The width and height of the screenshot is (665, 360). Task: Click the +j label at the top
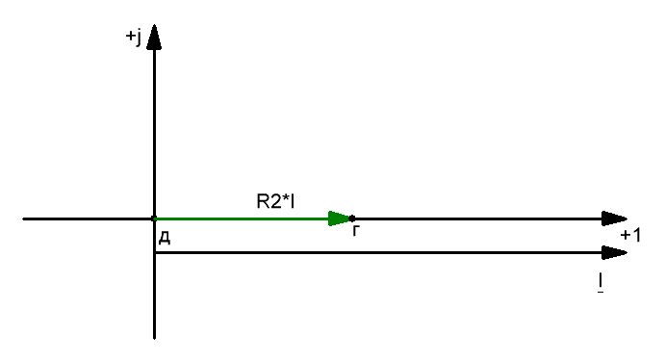134,37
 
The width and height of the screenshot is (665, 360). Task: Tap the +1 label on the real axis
630,235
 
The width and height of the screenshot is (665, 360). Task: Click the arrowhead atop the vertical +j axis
154,38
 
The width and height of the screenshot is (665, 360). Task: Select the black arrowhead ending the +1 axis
615,219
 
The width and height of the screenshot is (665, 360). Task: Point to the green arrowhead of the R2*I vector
339,219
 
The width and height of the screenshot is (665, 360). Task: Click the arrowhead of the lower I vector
615,253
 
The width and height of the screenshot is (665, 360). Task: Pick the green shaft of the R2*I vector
242,219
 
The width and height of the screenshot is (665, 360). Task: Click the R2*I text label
275,201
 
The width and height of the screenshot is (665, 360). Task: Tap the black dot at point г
352,219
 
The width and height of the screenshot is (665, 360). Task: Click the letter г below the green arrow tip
356,232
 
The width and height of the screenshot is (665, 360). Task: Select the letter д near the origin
165,238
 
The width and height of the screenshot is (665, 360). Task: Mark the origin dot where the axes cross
154,219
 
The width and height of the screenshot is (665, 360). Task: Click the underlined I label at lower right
601,282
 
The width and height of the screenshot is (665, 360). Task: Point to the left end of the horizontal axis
23,219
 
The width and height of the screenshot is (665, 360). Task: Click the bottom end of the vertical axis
154,338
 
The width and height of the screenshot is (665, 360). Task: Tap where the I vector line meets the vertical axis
154,253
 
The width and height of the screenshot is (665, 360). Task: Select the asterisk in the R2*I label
286,197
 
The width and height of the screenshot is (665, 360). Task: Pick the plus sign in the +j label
130,36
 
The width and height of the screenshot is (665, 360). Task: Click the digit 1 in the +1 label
636,235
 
